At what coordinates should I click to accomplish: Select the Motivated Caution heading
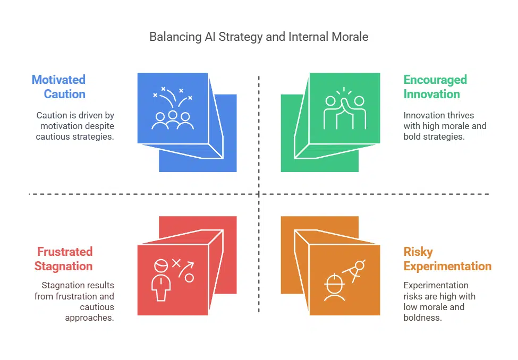(58, 87)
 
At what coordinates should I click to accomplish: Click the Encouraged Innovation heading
(435, 87)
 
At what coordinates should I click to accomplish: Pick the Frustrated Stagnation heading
(64, 259)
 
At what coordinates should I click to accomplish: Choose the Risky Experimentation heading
(447, 259)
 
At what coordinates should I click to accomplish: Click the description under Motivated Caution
(75, 126)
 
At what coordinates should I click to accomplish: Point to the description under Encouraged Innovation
(445, 126)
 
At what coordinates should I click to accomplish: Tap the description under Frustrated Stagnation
(74, 302)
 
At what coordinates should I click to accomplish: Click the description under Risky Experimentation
(439, 302)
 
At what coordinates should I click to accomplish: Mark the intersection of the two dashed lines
(259, 194)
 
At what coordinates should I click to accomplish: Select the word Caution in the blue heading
(64, 95)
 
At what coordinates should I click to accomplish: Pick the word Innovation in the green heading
(431, 95)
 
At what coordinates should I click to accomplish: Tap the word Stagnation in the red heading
(64, 267)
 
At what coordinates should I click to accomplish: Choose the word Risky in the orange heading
(418, 252)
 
